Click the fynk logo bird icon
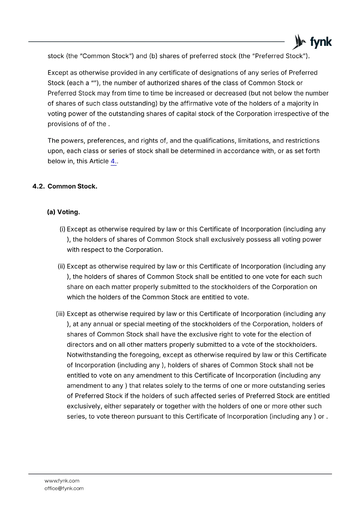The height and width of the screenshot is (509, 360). click(x=299, y=42)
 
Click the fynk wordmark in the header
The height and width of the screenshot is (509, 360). click(x=321, y=42)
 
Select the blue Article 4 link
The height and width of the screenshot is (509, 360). click(x=113, y=161)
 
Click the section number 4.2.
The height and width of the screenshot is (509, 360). click(x=39, y=186)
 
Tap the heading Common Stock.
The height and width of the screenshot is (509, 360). click(x=72, y=186)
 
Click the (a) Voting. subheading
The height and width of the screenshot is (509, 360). click(x=63, y=212)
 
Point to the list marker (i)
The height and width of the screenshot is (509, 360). click(x=62, y=229)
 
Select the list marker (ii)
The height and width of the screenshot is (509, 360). click(x=61, y=267)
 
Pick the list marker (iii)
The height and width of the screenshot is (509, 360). click(x=60, y=314)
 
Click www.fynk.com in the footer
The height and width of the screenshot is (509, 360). click(x=62, y=481)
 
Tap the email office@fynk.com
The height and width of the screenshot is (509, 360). click(x=64, y=488)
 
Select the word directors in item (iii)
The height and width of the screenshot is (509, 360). click(x=80, y=345)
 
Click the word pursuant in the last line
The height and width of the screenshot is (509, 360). click(x=150, y=416)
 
